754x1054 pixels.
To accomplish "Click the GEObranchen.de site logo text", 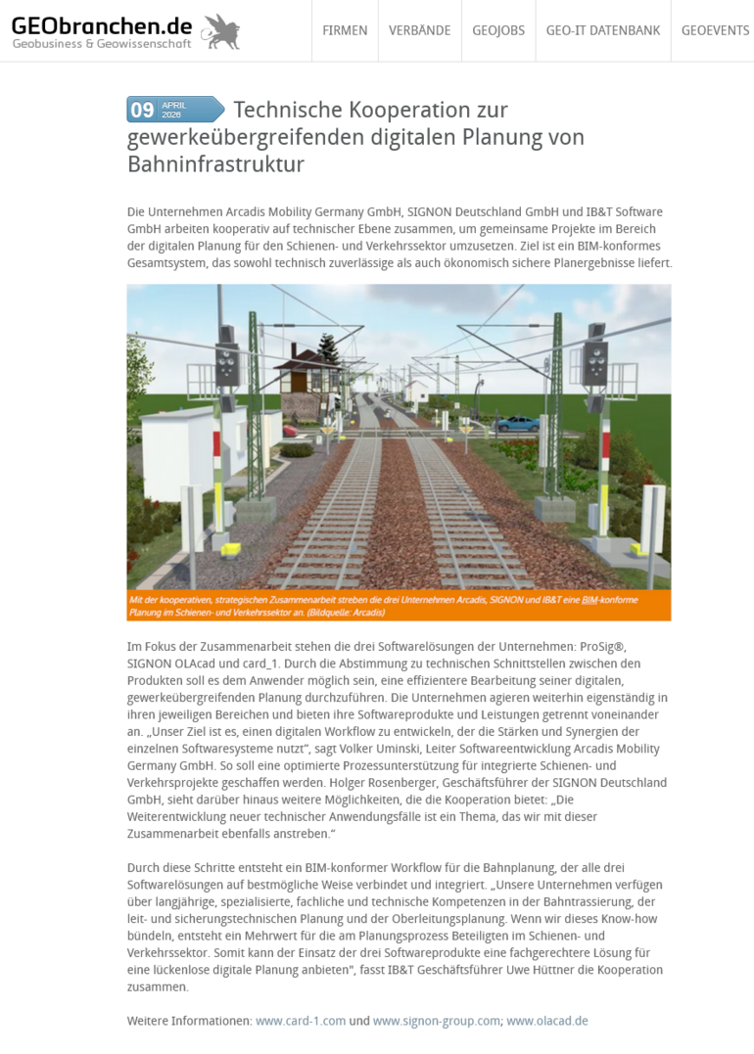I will (x=102, y=24).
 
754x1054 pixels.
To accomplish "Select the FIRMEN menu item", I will (x=345, y=30).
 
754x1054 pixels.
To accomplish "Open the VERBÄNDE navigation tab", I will (x=419, y=30).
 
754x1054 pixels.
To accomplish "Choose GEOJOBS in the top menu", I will (x=498, y=30).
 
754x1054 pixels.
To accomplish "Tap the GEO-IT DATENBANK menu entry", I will (x=603, y=30).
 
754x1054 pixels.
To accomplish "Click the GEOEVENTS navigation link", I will (x=715, y=30).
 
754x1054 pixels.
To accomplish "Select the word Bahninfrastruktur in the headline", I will (x=215, y=164).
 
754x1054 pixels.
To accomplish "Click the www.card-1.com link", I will (x=301, y=1021).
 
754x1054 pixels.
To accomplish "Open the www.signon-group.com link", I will (x=437, y=1021).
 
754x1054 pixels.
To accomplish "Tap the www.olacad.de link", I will (x=547, y=1021).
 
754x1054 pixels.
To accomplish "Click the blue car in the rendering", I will (x=518, y=424).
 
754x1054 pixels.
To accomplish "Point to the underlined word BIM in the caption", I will (x=589, y=599).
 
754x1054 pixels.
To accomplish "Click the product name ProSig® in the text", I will (x=633, y=646).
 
